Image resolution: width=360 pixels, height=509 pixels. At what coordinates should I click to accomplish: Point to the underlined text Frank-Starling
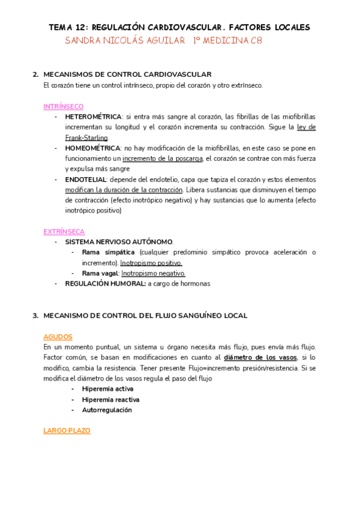point(87,138)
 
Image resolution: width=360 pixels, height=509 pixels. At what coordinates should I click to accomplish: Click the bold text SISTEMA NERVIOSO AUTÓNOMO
point(119,241)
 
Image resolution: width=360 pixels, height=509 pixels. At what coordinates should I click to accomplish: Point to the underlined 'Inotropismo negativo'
point(149,273)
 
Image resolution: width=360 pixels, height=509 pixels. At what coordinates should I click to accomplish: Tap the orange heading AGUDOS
point(58,337)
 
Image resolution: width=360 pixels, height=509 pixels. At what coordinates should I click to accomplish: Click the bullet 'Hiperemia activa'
point(108,389)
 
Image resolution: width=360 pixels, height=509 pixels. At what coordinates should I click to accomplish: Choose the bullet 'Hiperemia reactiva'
point(111,399)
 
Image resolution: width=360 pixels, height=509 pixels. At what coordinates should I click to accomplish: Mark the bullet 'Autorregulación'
point(107,410)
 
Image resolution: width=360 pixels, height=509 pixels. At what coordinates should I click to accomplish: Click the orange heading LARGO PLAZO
point(67,431)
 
